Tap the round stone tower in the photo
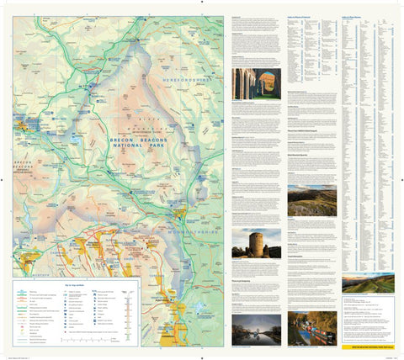(x=256, y=244)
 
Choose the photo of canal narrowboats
(x=311, y=329)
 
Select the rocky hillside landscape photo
(x=311, y=200)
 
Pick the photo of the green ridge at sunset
(x=367, y=283)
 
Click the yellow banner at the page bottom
(x=367, y=342)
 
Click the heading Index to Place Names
(x=354, y=17)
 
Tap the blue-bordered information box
(x=367, y=319)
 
